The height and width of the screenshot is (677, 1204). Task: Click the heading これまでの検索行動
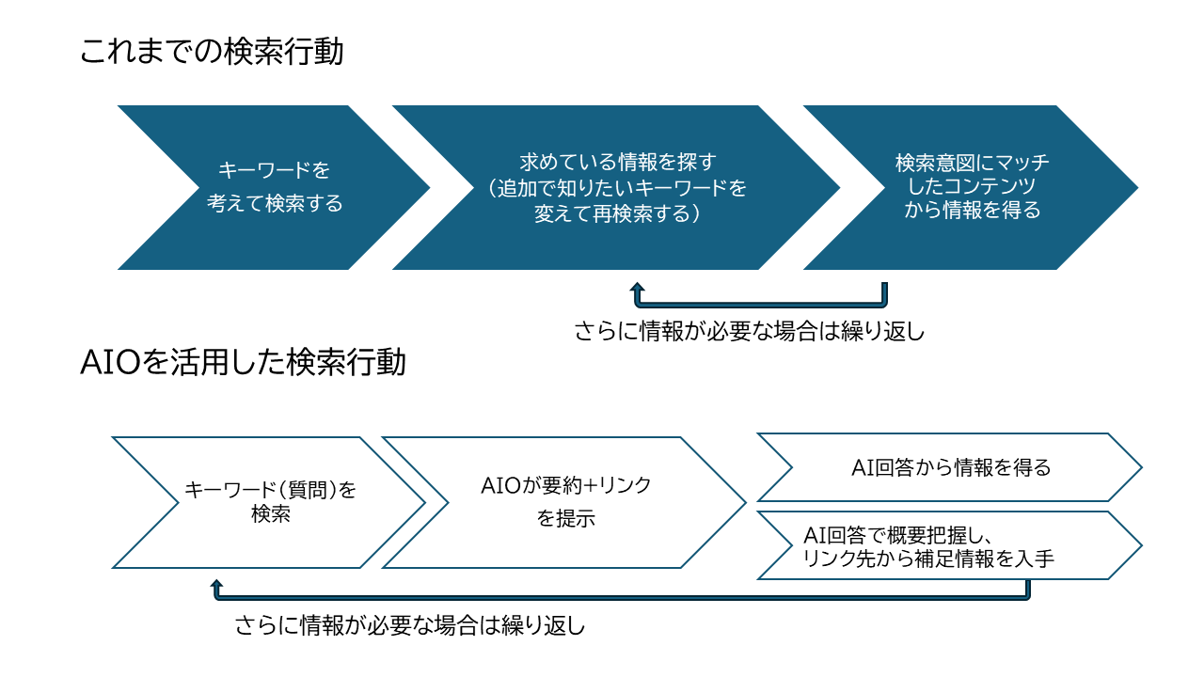click(x=212, y=52)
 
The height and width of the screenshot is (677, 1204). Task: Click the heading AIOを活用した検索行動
click(x=244, y=362)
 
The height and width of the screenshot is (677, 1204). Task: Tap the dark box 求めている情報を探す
click(x=616, y=187)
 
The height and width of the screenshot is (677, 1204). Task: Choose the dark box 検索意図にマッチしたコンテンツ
click(x=972, y=187)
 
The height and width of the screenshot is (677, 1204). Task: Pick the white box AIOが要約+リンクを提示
click(x=565, y=502)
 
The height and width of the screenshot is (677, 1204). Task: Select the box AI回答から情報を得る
click(x=950, y=467)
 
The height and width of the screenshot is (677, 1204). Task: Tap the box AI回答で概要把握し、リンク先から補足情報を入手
click(x=950, y=546)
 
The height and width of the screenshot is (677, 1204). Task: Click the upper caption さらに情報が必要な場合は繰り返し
click(x=750, y=332)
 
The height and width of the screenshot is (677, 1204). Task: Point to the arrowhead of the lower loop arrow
click(x=216, y=585)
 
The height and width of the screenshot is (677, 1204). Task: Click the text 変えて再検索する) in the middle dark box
click(x=616, y=213)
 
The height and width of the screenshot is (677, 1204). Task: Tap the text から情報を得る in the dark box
click(x=973, y=211)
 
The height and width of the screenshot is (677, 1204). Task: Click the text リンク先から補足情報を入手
click(x=928, y=559)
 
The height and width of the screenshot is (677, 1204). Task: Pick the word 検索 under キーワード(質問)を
click(x=270, y=514)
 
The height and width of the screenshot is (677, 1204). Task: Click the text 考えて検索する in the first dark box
click(x=275, y=203)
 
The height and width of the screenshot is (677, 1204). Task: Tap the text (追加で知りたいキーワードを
click(x=616, y=188)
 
